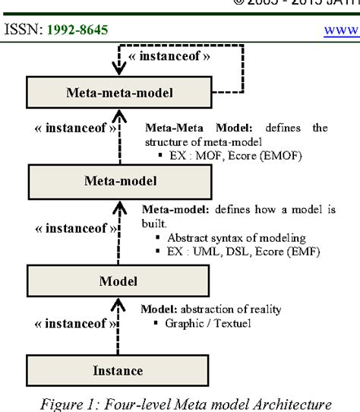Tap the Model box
click(118, 281)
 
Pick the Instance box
click(118, 371)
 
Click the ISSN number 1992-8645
click(74, 30)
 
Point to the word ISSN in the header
click(21, 30)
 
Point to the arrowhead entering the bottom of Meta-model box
click(116, 204)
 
